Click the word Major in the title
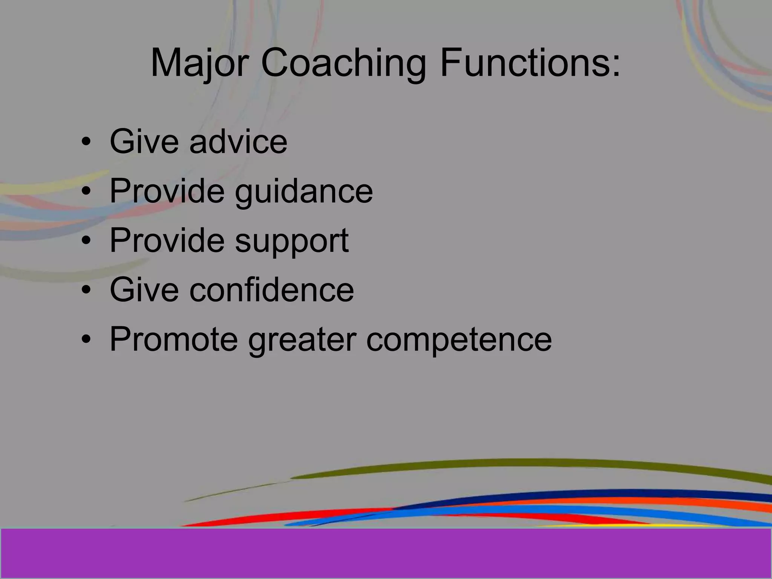pos(199,63)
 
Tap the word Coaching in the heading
pos(343,63)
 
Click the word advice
pos(238,142)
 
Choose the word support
pos(292,241)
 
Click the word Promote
pos(174,339)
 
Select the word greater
pos(302,339)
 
